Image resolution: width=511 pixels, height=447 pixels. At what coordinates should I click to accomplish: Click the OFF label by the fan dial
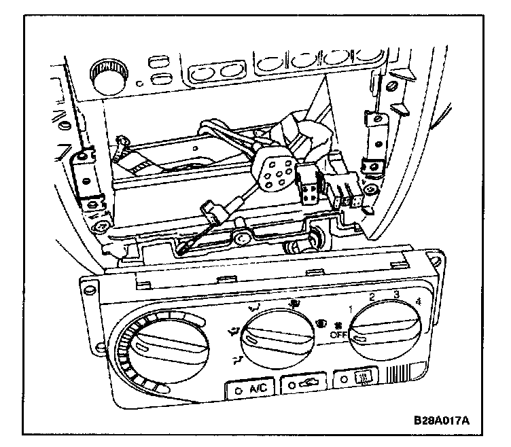coord(338,334)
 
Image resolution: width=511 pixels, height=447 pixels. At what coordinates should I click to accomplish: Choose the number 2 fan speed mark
coord(372,297)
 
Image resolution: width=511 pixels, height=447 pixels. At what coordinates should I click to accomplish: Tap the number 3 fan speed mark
coord(395,294)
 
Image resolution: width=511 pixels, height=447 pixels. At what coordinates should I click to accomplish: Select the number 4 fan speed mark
coord(418,301)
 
